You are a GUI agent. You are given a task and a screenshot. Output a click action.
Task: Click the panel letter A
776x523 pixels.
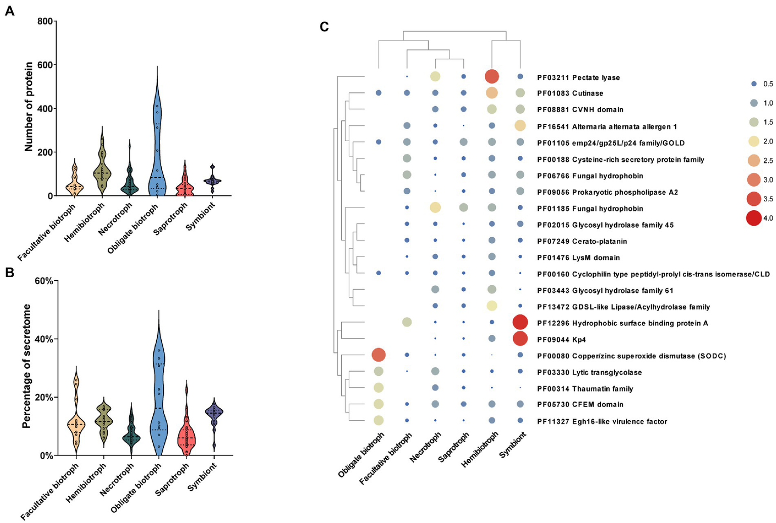coord(10,11)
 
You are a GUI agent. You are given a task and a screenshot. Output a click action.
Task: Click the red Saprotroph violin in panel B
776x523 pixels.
coord(186,435)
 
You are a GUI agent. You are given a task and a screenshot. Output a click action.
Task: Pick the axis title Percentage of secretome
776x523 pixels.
coord(27,366)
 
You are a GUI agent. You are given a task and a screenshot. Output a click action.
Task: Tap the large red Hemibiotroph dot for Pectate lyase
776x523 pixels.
coord(492,76)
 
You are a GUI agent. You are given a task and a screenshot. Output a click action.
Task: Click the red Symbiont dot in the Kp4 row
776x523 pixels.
coord(520,338)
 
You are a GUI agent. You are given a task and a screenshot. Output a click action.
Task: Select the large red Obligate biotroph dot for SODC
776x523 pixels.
coord(379,355)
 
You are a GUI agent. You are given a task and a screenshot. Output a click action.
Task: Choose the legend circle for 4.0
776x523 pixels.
coord(754,218)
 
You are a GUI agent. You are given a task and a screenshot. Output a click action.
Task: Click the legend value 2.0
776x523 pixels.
coord(768,141)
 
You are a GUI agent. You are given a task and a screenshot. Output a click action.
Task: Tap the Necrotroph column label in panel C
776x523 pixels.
coord(426,447)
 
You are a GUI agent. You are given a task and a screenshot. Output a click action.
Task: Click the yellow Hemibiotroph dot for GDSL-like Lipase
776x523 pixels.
coord(491,306)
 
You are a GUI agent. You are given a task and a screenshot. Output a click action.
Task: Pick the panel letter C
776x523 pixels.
coord(325,27)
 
